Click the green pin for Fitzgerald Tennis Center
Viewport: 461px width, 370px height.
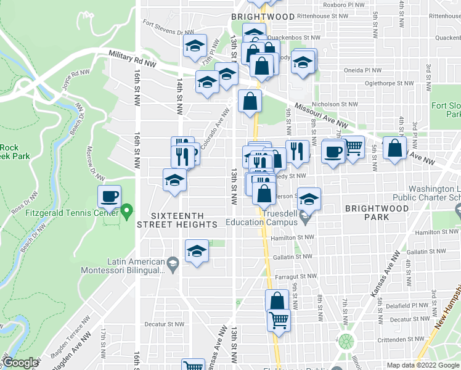click(126, 213)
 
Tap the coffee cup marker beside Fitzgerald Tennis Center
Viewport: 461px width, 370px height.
click(110, 197)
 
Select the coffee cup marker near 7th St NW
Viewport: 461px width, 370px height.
click(333, 152)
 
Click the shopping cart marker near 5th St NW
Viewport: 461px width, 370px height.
click(353, 148)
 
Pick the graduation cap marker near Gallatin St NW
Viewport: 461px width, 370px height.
click(197, 252)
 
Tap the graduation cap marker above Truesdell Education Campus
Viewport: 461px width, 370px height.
click(309, 199)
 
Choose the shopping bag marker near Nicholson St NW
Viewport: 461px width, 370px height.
click(250, 102)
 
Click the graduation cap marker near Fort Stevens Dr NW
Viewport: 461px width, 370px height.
click(195, 46)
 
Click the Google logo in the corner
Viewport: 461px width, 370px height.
click(20, 363)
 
